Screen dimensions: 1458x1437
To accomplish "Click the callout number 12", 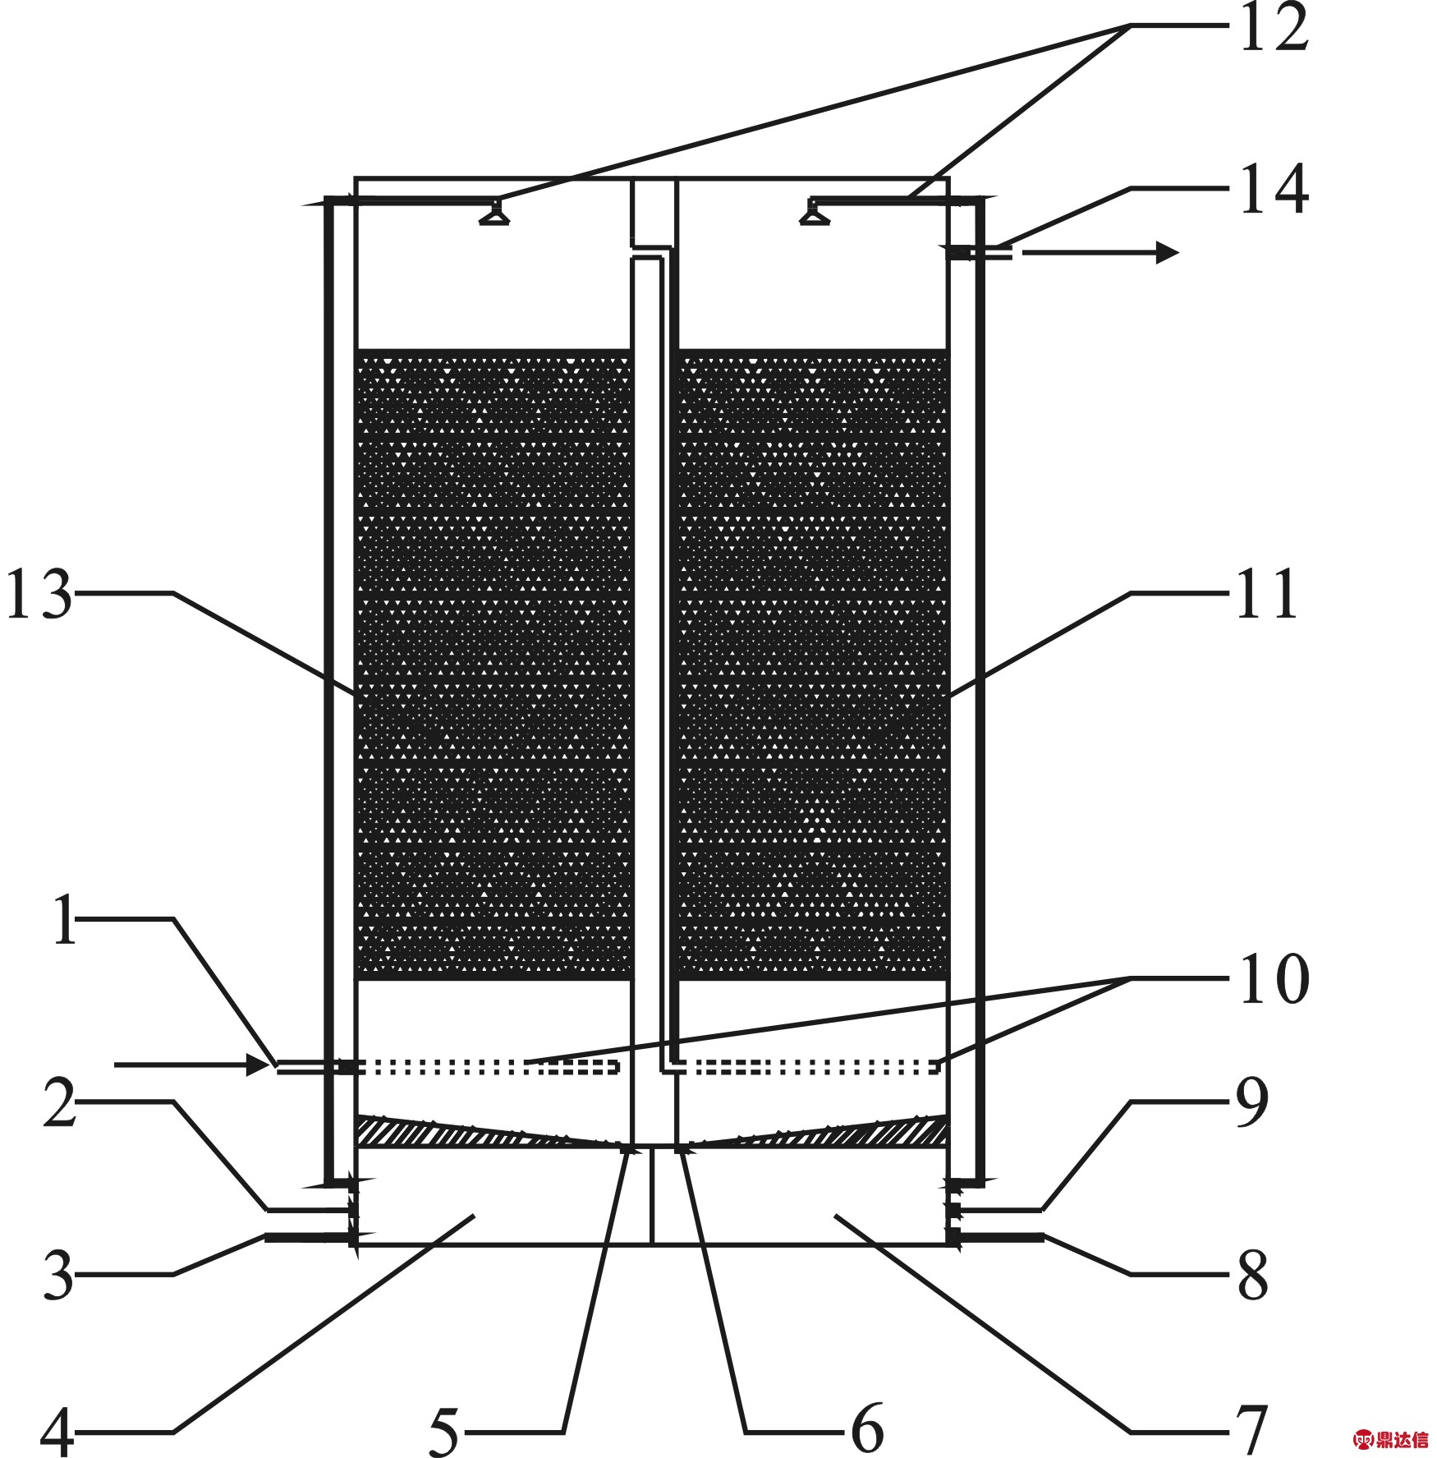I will [x=1272, y=31].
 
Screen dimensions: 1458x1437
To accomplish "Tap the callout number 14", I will [x=1272, y=191].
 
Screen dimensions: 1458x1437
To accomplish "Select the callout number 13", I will [x=39, y=595].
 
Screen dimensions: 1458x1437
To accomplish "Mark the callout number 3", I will [x=58, y=1275].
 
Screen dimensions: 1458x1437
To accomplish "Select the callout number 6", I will [x=866, y=1429].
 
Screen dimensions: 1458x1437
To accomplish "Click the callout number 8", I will [x=1253, y=1275].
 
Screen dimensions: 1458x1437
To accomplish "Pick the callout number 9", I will [x=1253, y=1105].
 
